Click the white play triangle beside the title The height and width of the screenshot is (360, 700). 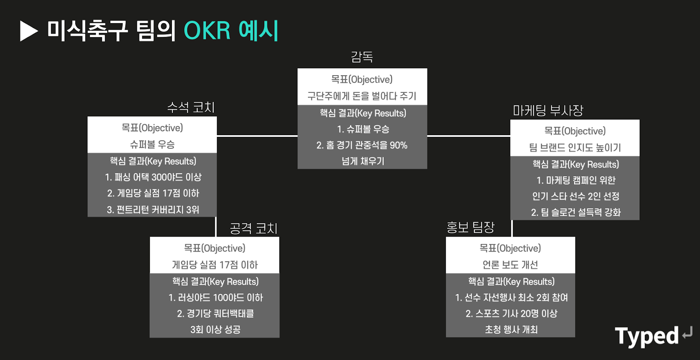(x=28, y=31)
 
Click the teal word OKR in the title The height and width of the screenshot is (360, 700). (x=207, y=31)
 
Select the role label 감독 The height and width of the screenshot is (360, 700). (x=362, y=57)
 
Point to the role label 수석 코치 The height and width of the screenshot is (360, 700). (x=191, y=108)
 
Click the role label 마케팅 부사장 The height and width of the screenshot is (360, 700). (x=548, y=111)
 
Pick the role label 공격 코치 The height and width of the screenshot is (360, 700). (x=254, y=228)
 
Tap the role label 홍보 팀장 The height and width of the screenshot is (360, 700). (x=470, y=227)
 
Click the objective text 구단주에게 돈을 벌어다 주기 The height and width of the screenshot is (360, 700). (x=362, y=96)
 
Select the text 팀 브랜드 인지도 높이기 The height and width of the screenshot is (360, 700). (x=575, y=148)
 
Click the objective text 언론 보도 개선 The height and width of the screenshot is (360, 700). (x=510, y=265)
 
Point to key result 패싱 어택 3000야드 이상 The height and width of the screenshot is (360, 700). (x=153, y=177)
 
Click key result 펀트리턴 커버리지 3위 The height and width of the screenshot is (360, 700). (x=153, y=210)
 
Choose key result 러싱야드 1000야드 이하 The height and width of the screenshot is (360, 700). (x=216, y=298)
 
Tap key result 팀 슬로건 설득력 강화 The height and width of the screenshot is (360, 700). (x=576, y=213)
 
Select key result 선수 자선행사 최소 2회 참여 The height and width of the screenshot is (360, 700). (x=511, y=298)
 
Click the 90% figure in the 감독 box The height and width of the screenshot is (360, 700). (x=398, y=145)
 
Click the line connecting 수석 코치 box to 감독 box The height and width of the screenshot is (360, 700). (x=257, y=136)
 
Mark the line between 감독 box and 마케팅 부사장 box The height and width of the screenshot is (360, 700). (x=469, y=136)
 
